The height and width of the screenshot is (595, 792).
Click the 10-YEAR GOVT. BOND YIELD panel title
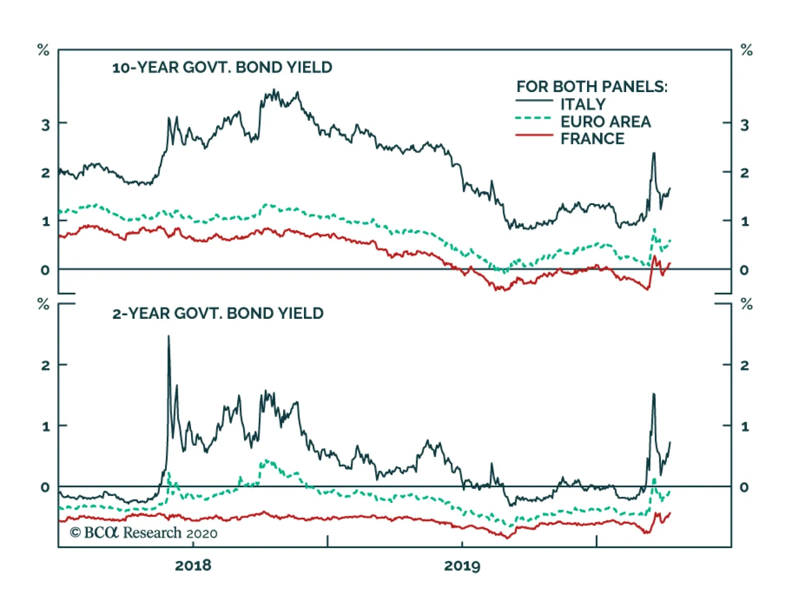(222, 67)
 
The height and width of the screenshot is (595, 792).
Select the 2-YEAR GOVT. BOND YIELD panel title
(218, 313)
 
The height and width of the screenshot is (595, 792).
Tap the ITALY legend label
(583, 104)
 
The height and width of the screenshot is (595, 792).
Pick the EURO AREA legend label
(605, 122)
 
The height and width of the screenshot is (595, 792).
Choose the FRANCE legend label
(592, 139)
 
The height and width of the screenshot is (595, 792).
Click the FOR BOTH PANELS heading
(592, 87)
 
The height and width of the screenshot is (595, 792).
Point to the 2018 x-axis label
(193, 565)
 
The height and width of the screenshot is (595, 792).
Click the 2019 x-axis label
(462, 565)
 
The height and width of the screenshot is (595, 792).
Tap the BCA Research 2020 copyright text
(144, 533)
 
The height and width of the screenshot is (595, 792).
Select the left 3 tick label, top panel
(46, 125)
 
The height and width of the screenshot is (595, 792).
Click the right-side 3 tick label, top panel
(744, 125)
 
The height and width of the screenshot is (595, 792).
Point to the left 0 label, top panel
(46, 270)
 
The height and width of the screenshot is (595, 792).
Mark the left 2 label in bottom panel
(46, 366)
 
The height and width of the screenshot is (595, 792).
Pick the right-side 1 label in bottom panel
(744, 427)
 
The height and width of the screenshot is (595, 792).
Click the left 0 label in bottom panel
(46, 488)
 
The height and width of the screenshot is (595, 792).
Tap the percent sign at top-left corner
(44, 50)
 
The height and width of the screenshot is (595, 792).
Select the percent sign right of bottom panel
(746, 304)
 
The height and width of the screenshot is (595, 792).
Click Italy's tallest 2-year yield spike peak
(168, 337)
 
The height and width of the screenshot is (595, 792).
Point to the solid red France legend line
(534, 135)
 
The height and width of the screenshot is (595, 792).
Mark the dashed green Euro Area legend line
(534, 118)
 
